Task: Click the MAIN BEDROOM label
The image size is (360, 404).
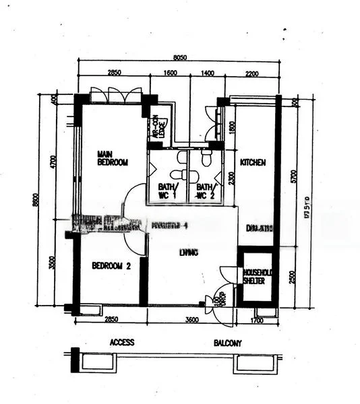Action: [x=112, y=158]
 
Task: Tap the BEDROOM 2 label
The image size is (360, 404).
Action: [x=111, y=266]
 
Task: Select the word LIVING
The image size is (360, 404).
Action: [x=189, y=252]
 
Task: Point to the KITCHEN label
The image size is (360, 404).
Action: [x=253, y=162]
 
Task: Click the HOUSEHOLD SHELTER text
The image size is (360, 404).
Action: [x=256, y=275]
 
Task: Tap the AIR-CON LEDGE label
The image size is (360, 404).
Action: [x=158, y=128]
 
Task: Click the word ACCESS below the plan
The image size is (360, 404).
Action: [x=122, y=343]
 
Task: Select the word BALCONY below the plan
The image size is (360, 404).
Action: [x=228, y=343]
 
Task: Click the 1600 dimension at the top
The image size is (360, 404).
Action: [x=170, y=73]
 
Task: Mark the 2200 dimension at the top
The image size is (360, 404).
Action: [x=251, y=73]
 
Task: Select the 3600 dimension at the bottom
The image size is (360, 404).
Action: [x=191, y=320]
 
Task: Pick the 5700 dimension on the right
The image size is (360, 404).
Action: [x=294, y=176]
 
